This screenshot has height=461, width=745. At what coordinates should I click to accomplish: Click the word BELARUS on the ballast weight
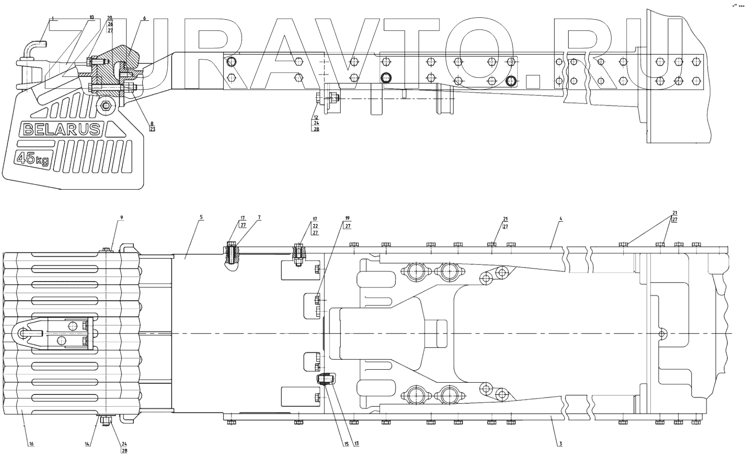pos(61,129)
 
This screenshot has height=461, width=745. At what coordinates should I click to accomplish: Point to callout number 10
pos(91,17)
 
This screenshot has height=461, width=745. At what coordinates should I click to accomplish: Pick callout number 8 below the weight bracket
pos(151,123)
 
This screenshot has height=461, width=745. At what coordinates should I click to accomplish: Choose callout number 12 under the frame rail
pos(316,117)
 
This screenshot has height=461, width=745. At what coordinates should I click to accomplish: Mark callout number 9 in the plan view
pos(121,217)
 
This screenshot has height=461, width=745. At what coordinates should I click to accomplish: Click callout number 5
pos(200,217)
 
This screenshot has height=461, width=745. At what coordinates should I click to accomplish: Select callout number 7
pos(259,217)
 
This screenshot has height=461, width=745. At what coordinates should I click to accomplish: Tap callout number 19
pos(347,218)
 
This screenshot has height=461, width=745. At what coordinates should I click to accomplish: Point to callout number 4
pos(561,218)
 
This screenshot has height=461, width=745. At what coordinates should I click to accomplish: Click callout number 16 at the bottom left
pos(31,444)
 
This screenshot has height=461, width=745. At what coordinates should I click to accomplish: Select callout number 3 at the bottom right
pos(560,444)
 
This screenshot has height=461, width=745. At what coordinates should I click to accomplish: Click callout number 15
pos(347,444)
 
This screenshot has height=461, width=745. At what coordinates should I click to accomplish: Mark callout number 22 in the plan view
pos(315,225)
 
